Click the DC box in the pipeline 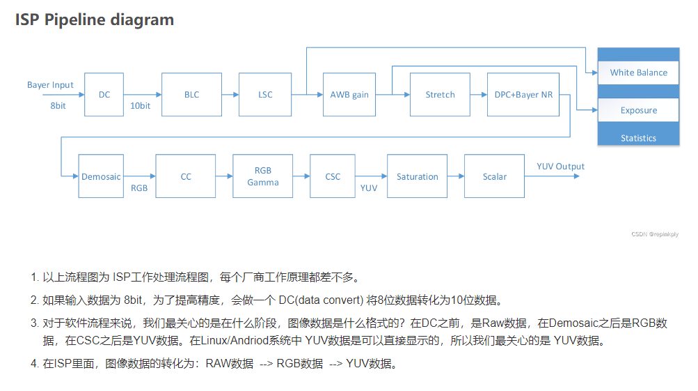[104, 95]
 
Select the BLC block [191, 95]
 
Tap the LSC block [265, 95]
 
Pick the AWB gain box [349, 95]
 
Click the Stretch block [440, 95]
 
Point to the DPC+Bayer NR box [523, 95]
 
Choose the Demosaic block [101, 177]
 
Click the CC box [186, 177]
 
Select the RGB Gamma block [263, 177]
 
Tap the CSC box [333, 177]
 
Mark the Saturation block [418, 177]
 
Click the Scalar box [495, 177]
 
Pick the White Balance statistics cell [638, 72]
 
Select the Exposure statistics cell [638, 110]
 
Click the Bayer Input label [50, 85]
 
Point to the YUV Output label [560, 167]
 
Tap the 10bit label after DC [140, 106]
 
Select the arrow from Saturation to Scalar [456, 177]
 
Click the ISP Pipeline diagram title [95, 20]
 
